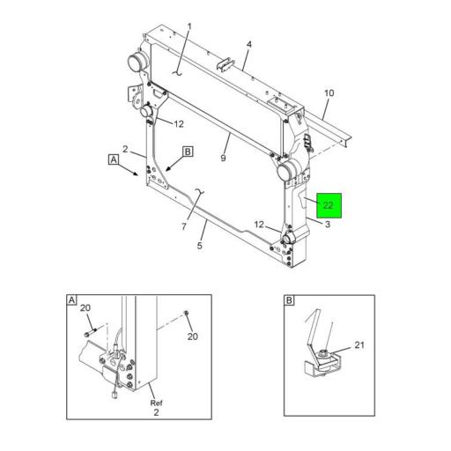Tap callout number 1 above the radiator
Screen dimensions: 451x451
(188, 26)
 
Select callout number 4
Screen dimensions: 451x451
(249, 44)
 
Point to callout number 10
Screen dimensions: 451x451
(329, 92)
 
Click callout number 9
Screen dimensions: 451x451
(224, 159)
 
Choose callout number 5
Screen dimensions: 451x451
(200, 247)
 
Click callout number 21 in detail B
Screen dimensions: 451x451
(359, 344)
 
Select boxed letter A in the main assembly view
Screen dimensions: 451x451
(114, 159)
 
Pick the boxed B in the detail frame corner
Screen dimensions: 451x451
(290, 300)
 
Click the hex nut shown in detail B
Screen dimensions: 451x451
(326, 355)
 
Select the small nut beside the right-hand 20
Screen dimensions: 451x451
(186, 313)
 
